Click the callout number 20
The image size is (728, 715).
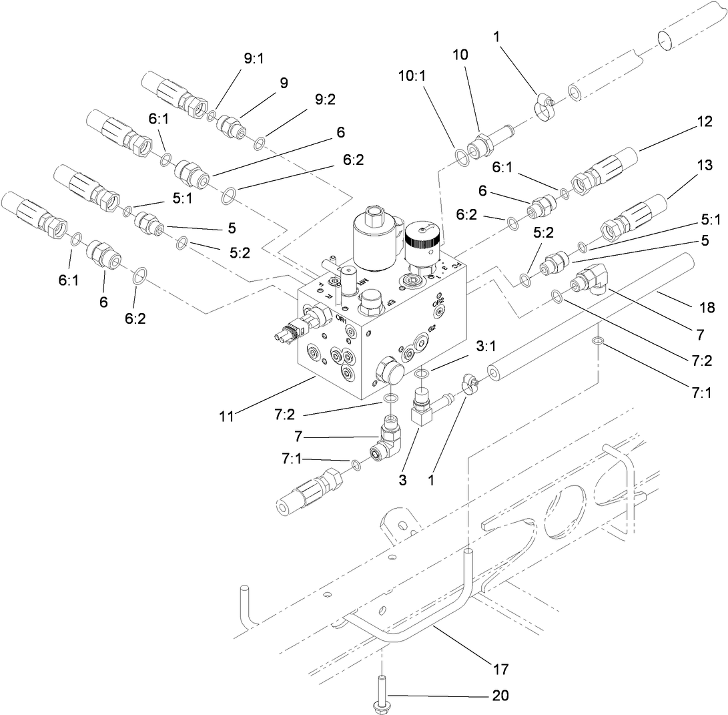point(500,696)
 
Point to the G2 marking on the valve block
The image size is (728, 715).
point(432,328)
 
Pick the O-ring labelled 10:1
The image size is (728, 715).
point(461,156)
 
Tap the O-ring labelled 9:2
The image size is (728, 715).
point(262,142)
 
